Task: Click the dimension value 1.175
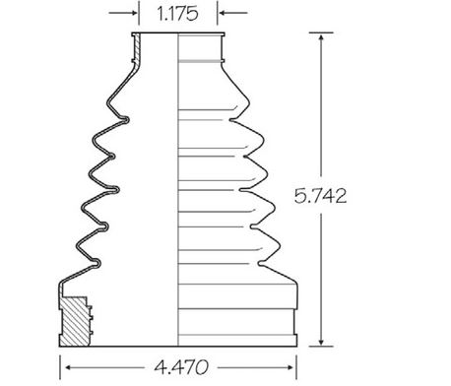click(x=177, y=14)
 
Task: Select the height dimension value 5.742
click(x=320, y=196)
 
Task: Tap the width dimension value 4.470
click(x=181, y=367)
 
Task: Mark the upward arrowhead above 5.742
click(x=321, y=36)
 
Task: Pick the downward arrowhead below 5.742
click(x=321, y=342)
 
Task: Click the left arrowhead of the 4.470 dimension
click(x=68, y=367)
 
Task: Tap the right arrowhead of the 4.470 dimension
click(x=290, y=367)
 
